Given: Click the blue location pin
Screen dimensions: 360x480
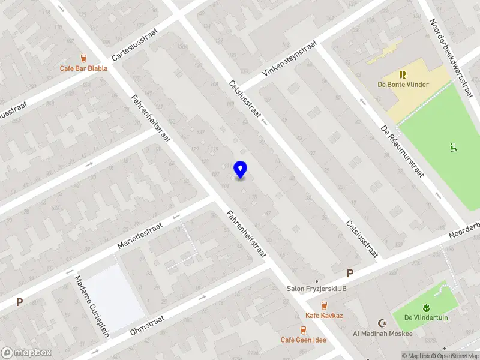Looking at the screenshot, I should tap(240, 170).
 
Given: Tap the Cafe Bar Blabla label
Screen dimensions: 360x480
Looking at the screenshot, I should tap(83, 68).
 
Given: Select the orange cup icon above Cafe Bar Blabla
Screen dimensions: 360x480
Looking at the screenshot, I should tap(83, 58).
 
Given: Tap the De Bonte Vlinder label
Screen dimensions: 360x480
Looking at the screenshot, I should tap(403, 85).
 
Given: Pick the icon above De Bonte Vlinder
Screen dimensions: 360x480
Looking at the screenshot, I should tap(403, 74).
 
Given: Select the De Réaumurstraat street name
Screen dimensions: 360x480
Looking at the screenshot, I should tap(403, 152).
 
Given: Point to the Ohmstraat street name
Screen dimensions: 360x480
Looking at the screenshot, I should tap(146, 324).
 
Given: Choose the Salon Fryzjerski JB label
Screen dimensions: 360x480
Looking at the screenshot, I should tap(316, 289).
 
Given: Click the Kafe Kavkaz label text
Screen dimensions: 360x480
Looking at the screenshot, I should tap(324, 316).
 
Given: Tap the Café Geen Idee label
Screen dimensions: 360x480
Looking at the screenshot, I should tap(304, 340).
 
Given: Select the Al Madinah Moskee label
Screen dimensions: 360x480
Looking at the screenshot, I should tap(382, 334).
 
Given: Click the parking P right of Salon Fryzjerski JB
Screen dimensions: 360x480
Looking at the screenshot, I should tap(350, 274).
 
